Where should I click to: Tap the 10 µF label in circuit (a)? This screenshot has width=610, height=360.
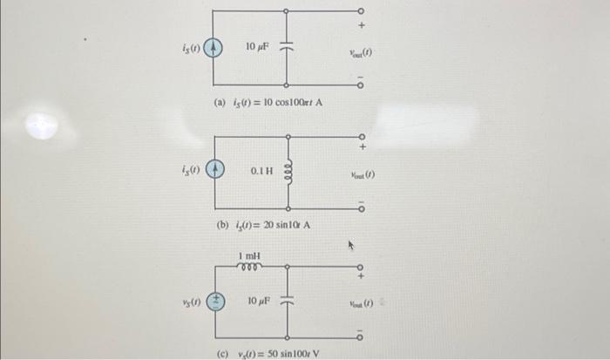point(256,45)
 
